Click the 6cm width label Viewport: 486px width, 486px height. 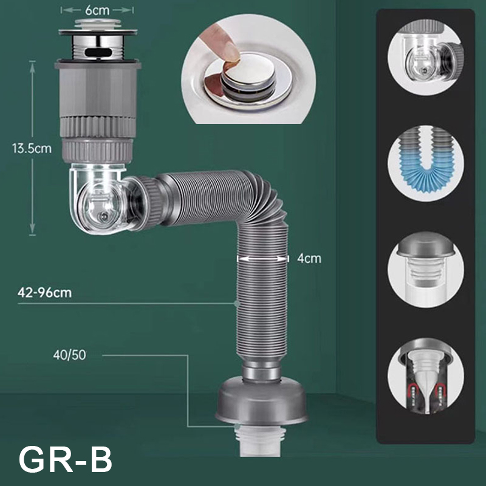(x=97, y=10)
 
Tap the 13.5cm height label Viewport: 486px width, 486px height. (x=32, y=148)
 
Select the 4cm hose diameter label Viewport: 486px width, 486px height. (x=309, y=258)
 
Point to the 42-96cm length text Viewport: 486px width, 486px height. (x=44, y=292)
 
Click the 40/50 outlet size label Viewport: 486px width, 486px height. (x=69, y=355)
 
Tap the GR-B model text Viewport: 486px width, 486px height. (x=66, y=459)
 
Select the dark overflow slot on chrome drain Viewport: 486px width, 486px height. (x=98, y=53)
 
